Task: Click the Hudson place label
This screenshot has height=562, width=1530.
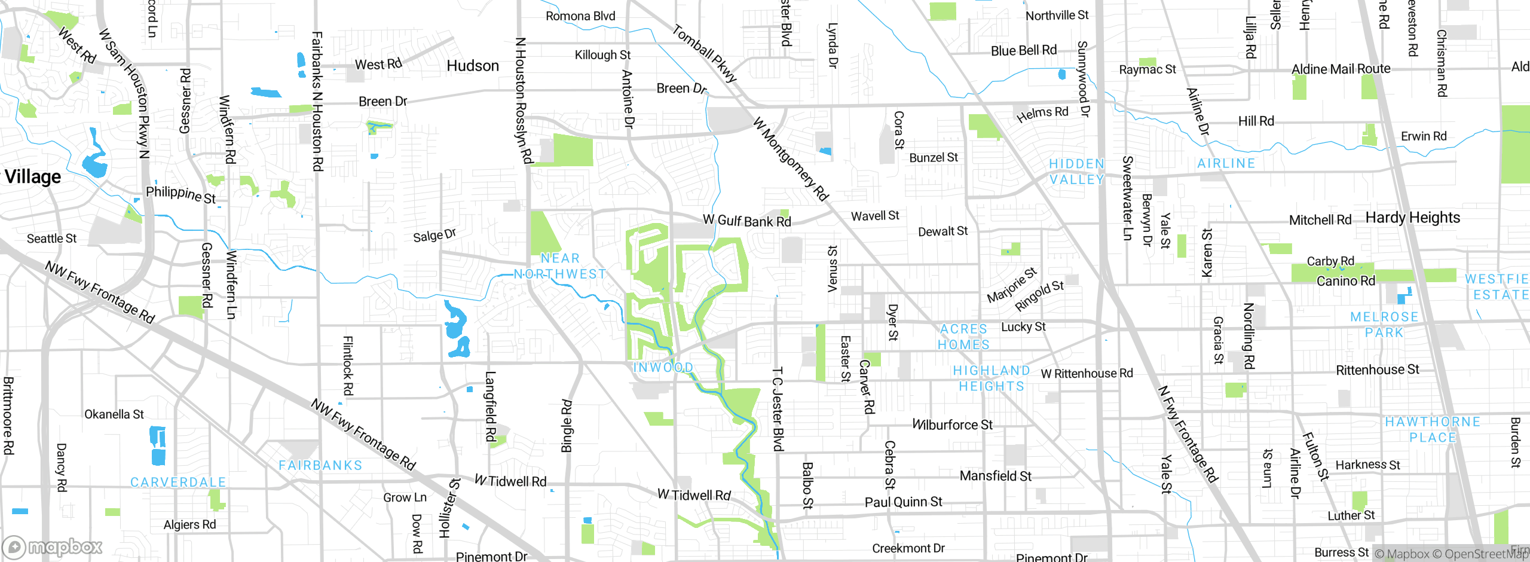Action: tap(472, 66)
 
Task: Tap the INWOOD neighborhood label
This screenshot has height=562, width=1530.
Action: tap(663, 367)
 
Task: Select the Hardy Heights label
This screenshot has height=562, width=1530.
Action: tap(1412, 218)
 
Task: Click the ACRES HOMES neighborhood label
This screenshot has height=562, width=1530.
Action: tap(963, 337)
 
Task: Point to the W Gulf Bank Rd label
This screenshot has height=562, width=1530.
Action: tap(746, 221)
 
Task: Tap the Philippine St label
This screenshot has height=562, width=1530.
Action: tap(180, 194)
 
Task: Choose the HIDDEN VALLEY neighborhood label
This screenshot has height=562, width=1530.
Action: tap(1076, 172)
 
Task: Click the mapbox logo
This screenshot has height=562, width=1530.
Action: tap(53, 547)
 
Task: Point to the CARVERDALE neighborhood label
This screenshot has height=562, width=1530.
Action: tap(178, 482)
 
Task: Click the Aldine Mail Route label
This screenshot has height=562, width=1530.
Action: tap(1341, 69)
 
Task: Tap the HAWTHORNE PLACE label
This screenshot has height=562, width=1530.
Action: tap(1433, 429)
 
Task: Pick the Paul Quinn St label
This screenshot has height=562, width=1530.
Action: tap(903, 502)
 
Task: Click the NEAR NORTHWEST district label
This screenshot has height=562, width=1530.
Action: tap(560, 266)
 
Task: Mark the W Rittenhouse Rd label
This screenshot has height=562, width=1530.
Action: tap(1087, 374)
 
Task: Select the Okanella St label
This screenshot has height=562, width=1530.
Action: tap(114, 414)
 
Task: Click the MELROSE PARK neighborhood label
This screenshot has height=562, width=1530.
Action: tap(1384, 325)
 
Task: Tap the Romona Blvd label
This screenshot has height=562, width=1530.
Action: tap(580, 16)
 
